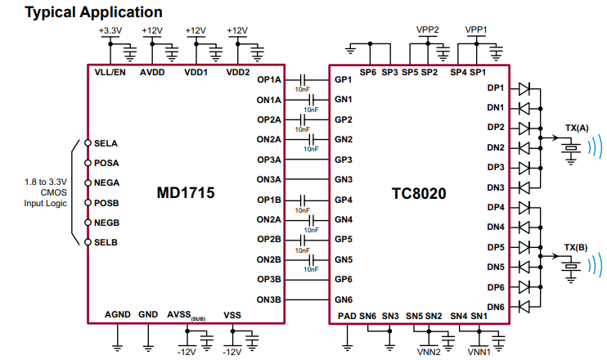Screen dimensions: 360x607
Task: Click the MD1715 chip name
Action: click(186, 194)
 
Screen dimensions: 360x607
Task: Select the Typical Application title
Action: click(83, 12)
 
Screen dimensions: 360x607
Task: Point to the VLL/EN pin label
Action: click(110, 72)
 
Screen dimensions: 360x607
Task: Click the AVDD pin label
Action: click(152, 72)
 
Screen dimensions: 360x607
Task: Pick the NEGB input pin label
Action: click(106, 223)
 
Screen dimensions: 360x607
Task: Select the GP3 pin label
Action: click(343, 160)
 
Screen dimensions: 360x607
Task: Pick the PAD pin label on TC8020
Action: click(346, 316)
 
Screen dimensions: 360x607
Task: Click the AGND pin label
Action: click(118, 314)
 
